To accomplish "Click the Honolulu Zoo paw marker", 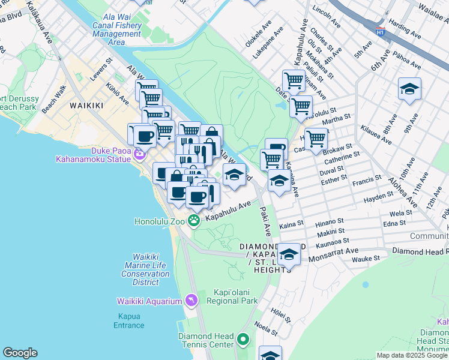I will (194, 221).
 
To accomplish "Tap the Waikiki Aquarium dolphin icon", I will (191, 300).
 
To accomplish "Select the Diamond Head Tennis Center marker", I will (243, 340).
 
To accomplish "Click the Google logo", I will (20, 353).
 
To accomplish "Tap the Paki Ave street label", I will (265, 221).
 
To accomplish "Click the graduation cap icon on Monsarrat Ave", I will (289, 254).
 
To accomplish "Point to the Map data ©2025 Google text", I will (412, 355).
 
